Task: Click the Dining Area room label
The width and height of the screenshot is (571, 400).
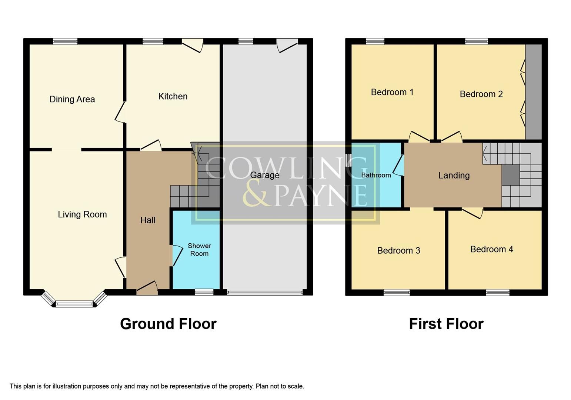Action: coord(72,99)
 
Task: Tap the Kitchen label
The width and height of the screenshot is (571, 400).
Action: coord(173,96)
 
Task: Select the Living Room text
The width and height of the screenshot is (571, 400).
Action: coord(82,214)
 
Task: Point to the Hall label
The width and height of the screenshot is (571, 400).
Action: coord(148,220)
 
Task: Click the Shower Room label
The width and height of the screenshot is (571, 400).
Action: coord(199,250)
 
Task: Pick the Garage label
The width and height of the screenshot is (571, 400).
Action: coord(264,175)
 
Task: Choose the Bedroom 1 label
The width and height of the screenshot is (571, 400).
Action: coord(392,92)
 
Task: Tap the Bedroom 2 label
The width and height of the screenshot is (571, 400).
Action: coord(481,94)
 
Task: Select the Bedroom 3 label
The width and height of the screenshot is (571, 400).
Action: coord(398,251)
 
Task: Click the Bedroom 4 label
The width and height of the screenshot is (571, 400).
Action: coord(491,249)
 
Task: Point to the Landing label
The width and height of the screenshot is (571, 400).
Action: coord(454,176)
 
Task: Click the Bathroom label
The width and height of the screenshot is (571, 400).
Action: coord(376,175)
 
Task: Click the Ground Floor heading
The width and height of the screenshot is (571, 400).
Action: coord(168,324)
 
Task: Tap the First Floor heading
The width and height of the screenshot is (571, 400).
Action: coord(446,324)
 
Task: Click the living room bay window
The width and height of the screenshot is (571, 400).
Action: coord(74,304)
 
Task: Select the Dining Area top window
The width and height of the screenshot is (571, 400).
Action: coord(65,41)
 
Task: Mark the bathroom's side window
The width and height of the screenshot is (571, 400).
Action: coord(348,160)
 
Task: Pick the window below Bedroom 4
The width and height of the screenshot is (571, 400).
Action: coord(497,293)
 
